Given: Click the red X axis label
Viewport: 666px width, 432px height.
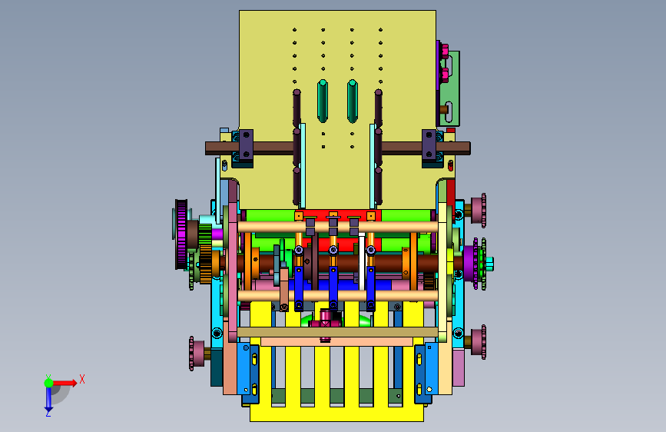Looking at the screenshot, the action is (x=82, y=379).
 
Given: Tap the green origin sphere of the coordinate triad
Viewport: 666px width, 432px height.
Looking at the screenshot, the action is (x=49, y=383).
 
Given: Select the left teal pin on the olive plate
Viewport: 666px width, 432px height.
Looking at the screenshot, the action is (x=323, y=101).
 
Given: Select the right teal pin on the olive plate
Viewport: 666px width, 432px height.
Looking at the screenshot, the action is (x=352, y=101).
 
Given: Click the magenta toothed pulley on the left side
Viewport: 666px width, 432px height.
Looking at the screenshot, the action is (x=181, y=234).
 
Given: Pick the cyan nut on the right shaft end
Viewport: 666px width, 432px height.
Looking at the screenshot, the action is (x=489, y=264).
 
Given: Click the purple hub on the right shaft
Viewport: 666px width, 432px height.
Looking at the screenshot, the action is (x=470, y=264).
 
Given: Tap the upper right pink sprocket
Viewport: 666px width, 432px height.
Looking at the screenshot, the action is (x=479, y=211).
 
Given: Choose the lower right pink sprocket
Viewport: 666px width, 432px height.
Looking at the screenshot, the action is (x=479, y=342).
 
